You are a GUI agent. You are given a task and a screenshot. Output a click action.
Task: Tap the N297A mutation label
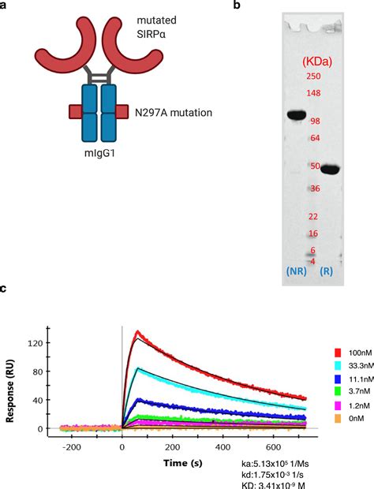tap(174, 113)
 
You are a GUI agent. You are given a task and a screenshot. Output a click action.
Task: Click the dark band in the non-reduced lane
tap(296, 116)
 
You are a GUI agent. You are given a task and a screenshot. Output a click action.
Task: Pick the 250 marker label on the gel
tap(312, 76)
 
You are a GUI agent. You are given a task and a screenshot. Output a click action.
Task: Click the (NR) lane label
tap(297, 271)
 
